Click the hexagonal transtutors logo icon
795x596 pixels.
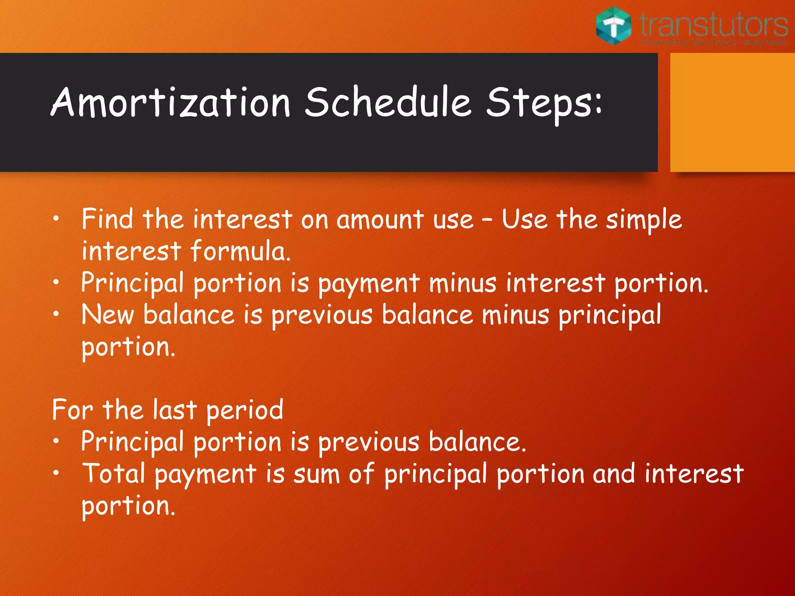click(614, 26)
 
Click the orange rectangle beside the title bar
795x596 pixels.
click(732, 112)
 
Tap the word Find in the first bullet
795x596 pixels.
click(107, 219)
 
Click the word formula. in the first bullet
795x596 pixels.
click(241, 251)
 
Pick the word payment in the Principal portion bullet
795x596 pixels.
click(369, 284)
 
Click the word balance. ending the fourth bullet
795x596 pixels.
click(477, 442)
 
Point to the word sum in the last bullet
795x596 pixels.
click(316, 475)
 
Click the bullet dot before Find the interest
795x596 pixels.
click(57, 219)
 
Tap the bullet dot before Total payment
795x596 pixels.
click(57, 473)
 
